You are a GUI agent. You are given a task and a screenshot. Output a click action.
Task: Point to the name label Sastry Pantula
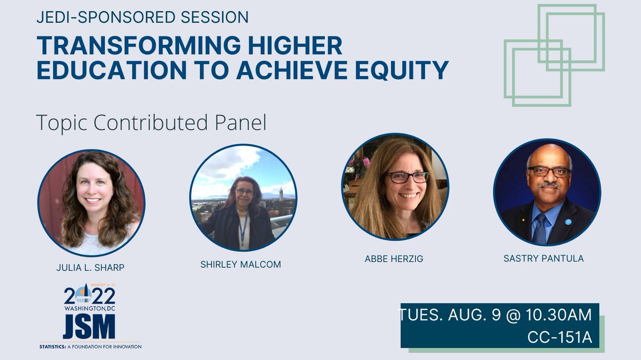click(x=543, y=258)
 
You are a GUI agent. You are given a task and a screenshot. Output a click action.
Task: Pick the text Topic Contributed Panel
click(x=151, y=123)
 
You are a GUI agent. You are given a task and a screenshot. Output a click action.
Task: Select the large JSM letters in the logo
click(x=89, y=327)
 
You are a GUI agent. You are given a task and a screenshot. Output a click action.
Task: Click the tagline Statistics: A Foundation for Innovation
click(x=90, y=346)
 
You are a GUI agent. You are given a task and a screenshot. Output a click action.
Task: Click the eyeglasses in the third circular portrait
click(x=408, y=177)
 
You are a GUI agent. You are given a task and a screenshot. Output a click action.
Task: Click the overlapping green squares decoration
click(x=553, y=53)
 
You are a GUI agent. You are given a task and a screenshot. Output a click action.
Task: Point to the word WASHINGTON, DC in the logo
click(x=89, y=309)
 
